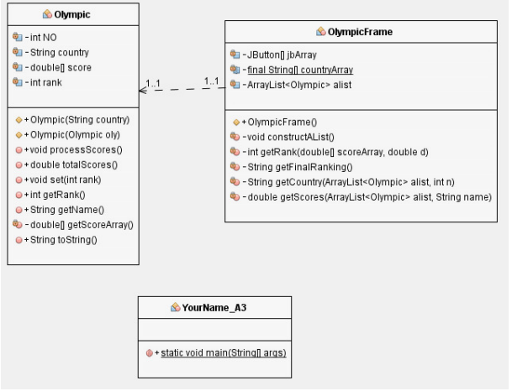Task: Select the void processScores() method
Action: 69,149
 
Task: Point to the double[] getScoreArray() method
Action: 71,225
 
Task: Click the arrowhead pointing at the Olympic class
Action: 144,90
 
